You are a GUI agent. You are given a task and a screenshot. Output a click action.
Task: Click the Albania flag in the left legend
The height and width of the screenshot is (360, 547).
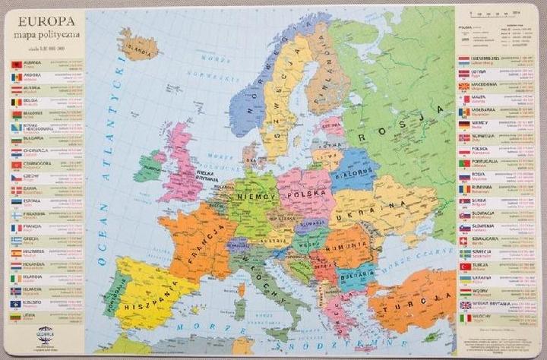click(14, 64)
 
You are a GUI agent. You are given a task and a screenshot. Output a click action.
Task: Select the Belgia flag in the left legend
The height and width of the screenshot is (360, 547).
click(14, 101)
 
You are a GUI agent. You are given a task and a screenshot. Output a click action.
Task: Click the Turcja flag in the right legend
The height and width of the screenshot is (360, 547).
click(464, 266)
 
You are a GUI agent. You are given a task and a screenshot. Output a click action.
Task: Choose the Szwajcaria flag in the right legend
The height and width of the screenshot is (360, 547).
click(464, 240)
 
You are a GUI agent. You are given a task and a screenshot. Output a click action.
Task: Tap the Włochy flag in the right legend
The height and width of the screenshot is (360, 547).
click(464, 317)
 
